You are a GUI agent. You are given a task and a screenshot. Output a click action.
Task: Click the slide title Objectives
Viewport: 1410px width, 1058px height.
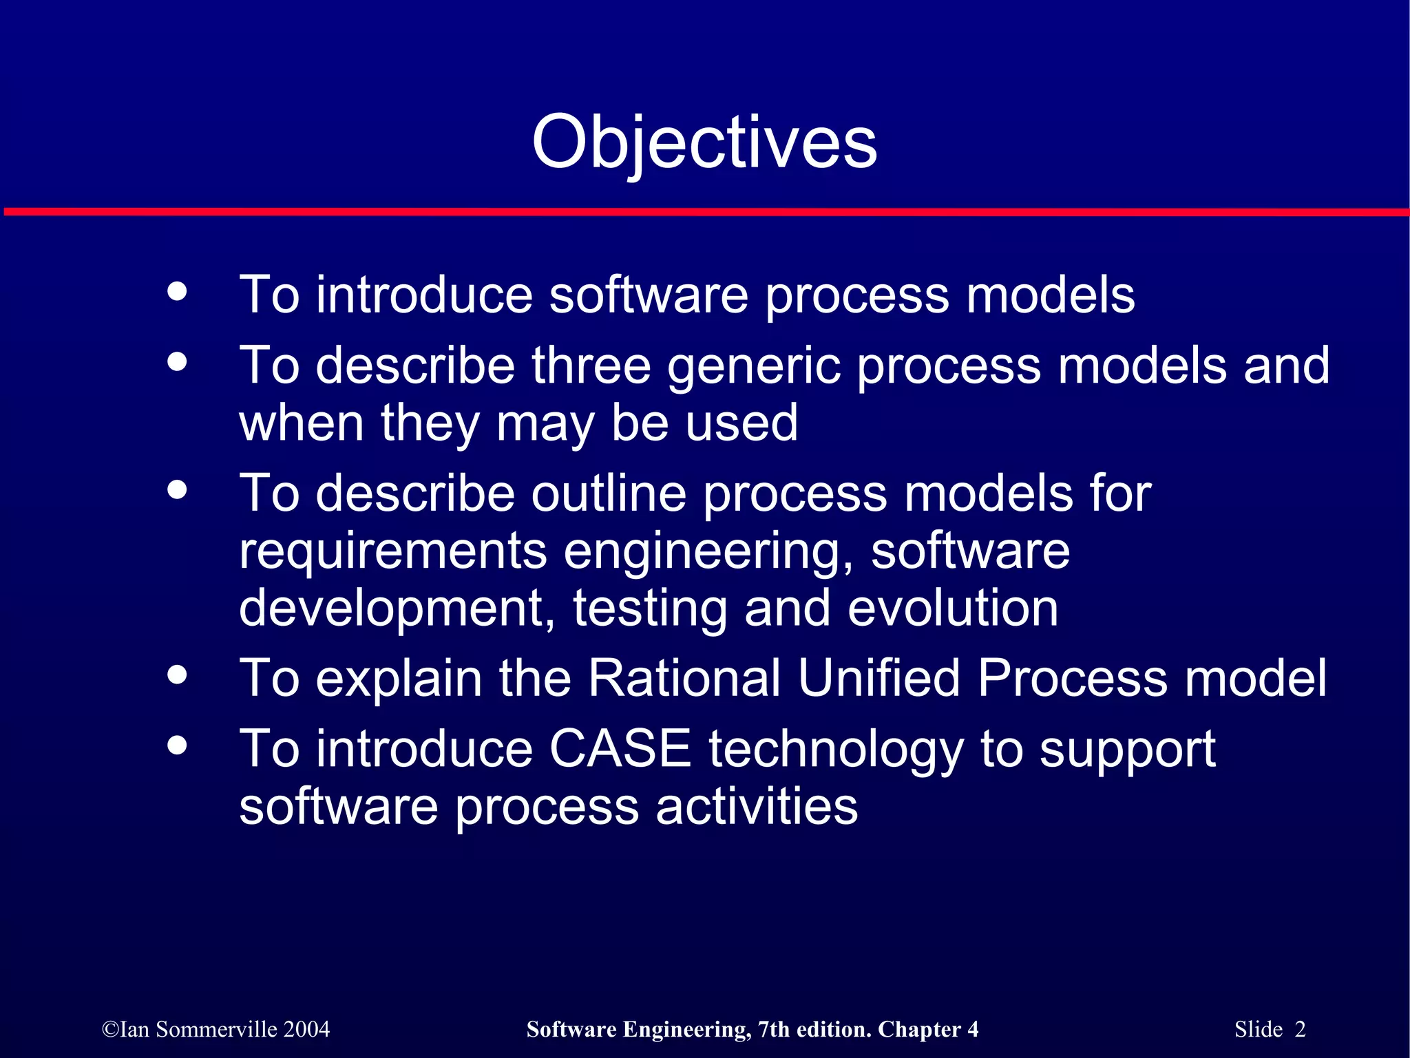click(x=704, y=142)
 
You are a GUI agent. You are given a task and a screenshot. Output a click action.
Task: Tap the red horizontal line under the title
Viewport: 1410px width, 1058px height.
click(x=705, y=212)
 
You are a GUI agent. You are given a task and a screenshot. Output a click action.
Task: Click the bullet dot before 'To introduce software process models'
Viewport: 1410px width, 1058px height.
click(x=178, y=291)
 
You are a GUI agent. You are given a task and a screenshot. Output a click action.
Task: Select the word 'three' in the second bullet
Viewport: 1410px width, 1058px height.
click(x=591, y=366)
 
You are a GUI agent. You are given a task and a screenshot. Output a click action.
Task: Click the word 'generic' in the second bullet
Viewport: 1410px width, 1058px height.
click(x=754, y=367)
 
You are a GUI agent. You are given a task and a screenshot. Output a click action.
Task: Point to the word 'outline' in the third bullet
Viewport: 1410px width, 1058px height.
click(x=609, y=494)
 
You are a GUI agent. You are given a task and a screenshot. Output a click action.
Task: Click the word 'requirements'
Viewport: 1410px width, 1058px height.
click(x=393, y=552)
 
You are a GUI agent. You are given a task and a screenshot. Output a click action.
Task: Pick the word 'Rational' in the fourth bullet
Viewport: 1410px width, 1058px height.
click(x=684, y=678)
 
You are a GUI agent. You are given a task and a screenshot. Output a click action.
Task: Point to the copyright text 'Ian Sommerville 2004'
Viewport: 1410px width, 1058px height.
click(x=216, y=1029)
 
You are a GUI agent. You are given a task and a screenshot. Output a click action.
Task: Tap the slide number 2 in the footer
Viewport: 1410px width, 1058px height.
click(x=1300, y=1029)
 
